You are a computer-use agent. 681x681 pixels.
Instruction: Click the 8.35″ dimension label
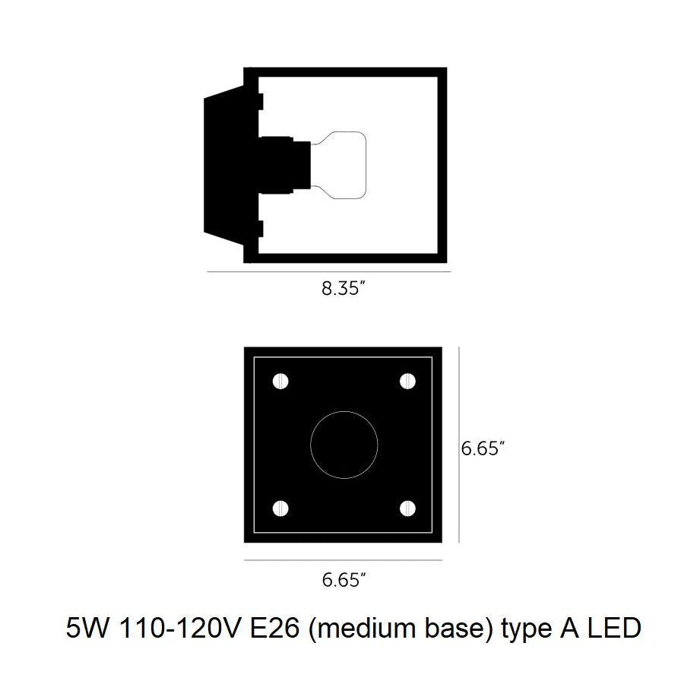tap(343, 289)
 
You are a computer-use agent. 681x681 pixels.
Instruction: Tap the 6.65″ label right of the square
tap(483, 448)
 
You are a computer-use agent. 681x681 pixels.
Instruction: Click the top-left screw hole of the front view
tap(280, 382)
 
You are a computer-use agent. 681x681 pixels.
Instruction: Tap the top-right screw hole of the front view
tap(407, 382)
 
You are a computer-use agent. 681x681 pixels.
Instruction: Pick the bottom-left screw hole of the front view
tap(280, 508)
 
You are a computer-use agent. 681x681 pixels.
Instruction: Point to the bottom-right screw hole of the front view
tap(407, 508)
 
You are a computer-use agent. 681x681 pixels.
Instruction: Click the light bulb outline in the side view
tap(366, 165)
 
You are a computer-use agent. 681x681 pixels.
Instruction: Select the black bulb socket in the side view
tap(284, 165)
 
